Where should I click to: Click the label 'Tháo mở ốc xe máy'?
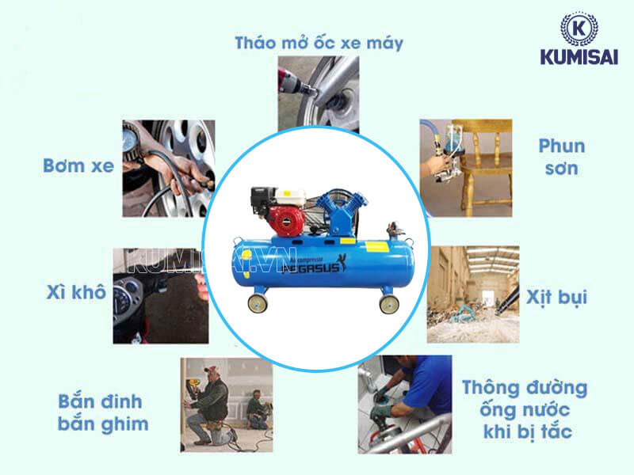coord(319,42)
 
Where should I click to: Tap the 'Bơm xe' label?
coord(78,166)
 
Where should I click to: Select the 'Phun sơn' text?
coord(561,157)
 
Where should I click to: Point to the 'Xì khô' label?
coord(75,292)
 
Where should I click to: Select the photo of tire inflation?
coord(168,168)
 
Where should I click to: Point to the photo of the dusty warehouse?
coord(473,294)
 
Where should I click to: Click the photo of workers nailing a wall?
coord(226,404)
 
